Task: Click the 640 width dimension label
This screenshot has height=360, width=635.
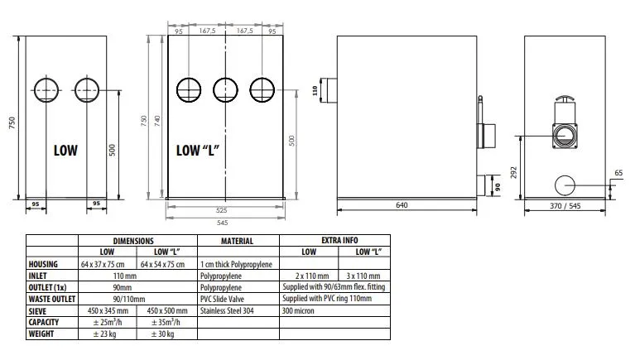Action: pyautogui.click(x=402, y=205)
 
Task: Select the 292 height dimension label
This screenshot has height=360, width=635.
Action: pyautogui.click(x=513, y=172)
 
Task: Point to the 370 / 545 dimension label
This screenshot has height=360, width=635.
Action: pyautogui.click(x=565, y=206)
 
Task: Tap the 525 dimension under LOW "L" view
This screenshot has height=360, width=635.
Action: pyautogui.click(x=222, y=210)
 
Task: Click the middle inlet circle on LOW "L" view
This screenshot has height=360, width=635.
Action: pyautogui.click(x=225, y=78)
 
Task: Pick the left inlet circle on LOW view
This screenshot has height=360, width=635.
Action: pyautogui.click(x=46, y=79)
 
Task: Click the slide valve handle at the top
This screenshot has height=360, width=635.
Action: pyautogui.click(x=565, y=98)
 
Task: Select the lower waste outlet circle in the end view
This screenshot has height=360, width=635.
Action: pyautogui.click(x=565, y=175)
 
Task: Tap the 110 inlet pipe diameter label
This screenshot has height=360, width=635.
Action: pyautogui.click(x=315, y=91)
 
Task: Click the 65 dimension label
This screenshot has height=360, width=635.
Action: pyautogui.click(x=618, y=173)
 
